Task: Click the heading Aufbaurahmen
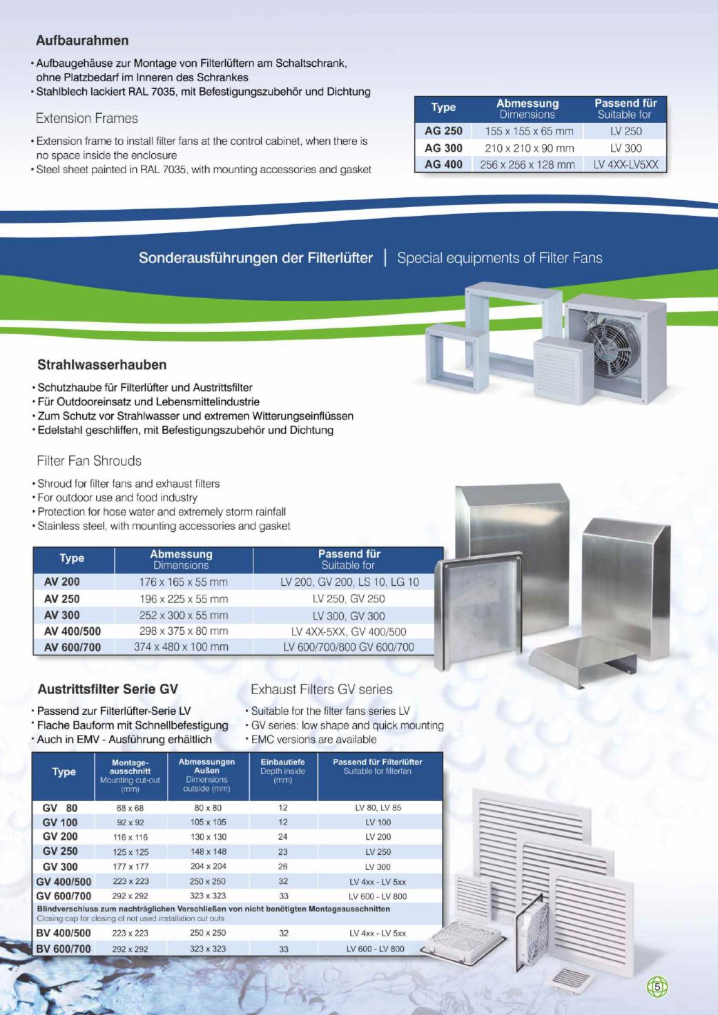pyautogui.click(x=82, y=41)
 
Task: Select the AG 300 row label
pyautogui.click(x=443, y=148)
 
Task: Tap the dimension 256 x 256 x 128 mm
pyautogui.click(x=527, y=165)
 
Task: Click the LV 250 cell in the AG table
pyautogui.click(x=625, y=131)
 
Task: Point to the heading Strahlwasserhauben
pyautogui.click(x=101, y=365)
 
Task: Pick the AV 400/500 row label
pyautogui.click(x=72, y=631)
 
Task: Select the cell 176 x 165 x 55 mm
pyautogui.click(x=183, y=582)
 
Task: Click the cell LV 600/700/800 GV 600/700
pyautogui.click(x=349, y=647)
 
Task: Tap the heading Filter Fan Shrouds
pyautogui.click(x=89, y=461)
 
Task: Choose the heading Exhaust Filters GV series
pyautogui.click(x=321, y=689)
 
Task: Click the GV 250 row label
pyautogui.click(x=60, y=851)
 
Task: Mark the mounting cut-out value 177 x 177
pyautogui.click(x=130, y=867)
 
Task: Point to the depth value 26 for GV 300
pyautogui.click(x=282, y=866)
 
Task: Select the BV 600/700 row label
pyautogui.click(x=63, y=949)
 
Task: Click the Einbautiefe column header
pyautogui.click(x=282, y=762)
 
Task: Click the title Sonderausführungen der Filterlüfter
pyautogui.click(x=255, y=258)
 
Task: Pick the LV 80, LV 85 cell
pyautogui.click(x=378, y=807)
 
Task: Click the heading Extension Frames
pyautogui.click(x=87, y=119)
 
